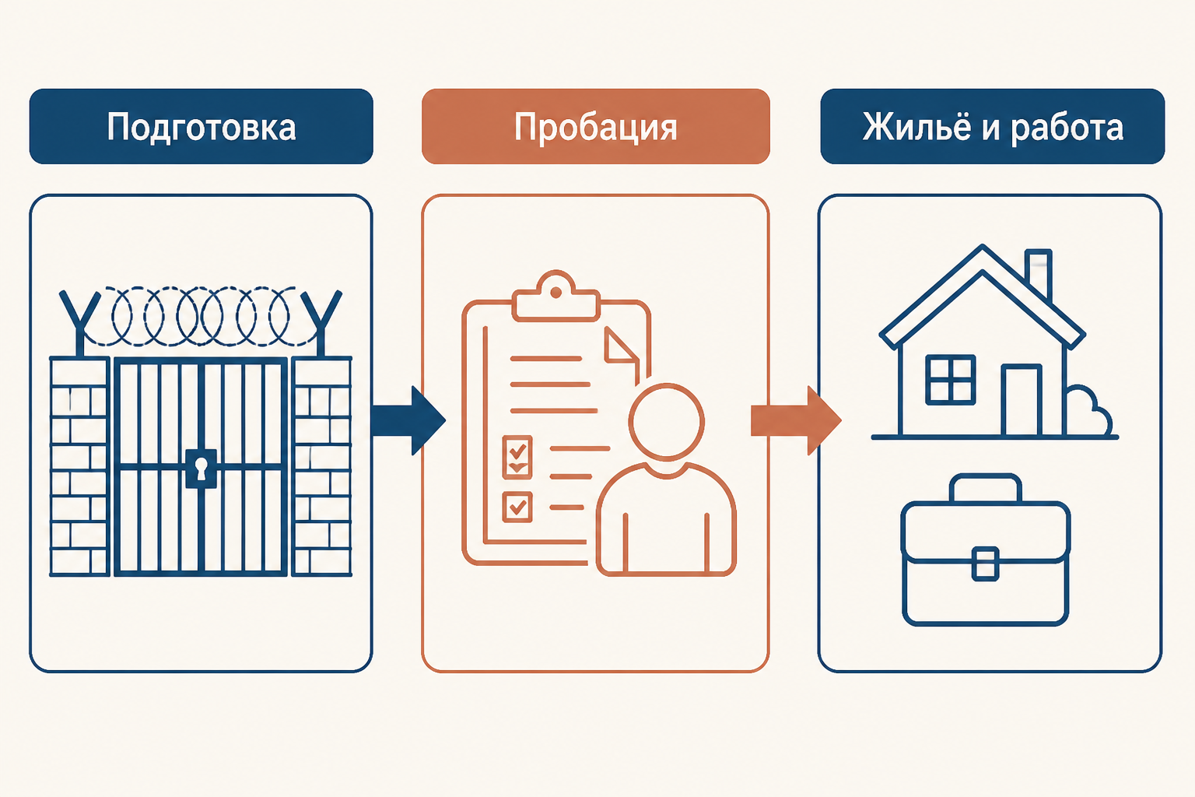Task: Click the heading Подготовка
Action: click(202, 128)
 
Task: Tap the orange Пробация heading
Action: click(595, 128)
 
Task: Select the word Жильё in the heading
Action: click(916, 126)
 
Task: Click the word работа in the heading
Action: click(1067, 128)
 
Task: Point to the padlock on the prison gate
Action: click(202, 469)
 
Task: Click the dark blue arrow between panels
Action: click(408, 420)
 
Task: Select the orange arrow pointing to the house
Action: click(796, 420)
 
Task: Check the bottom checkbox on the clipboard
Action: click(517, 507)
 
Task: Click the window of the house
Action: click(951, 380)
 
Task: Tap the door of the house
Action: click(1021, 400)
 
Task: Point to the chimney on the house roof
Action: click(1038, 272)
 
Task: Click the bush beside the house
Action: click(1088, 411)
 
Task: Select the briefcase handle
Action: click(986, 487)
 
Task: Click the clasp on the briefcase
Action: click(986, 564)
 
